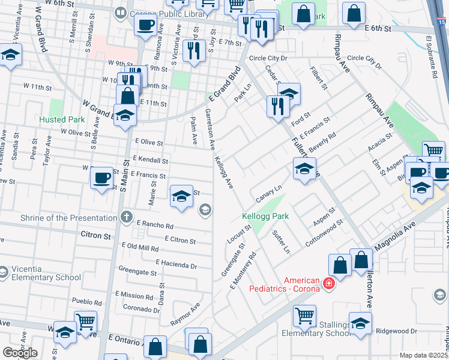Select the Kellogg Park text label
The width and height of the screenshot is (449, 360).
[265, 216]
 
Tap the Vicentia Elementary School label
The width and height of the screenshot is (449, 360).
[45, 273]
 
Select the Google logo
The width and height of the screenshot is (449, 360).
[20, 353]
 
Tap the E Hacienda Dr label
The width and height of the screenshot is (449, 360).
[176, 264]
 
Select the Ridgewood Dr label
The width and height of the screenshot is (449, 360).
[396, 331]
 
